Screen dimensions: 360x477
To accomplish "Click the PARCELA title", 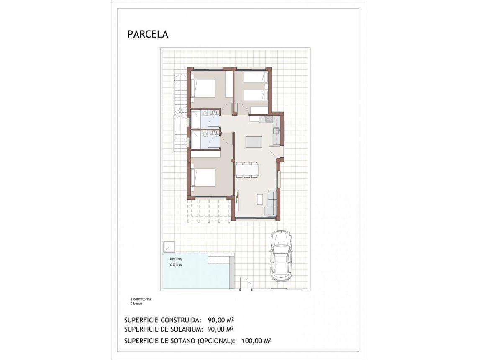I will click(148, 34).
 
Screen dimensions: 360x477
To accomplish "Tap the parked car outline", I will click(281, 256).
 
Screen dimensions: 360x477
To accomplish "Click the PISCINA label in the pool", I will click(176, 260).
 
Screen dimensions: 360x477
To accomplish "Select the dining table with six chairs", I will click(247, 170).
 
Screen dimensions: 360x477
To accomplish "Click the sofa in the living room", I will click(272, 203).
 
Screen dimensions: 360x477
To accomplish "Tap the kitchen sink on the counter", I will click(276, 131).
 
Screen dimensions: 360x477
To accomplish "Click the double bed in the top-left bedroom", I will click(203, 88).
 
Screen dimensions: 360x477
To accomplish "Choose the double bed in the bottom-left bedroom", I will click(203, 177).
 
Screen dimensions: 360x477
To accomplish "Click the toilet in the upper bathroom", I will click(205, 113).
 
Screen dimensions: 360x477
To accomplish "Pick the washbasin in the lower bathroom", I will click(214, 133).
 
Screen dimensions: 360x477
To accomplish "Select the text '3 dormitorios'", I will click(141, 299).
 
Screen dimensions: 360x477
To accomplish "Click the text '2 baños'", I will click(136, 303).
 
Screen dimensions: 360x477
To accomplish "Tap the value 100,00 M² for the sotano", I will click(256, 341).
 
